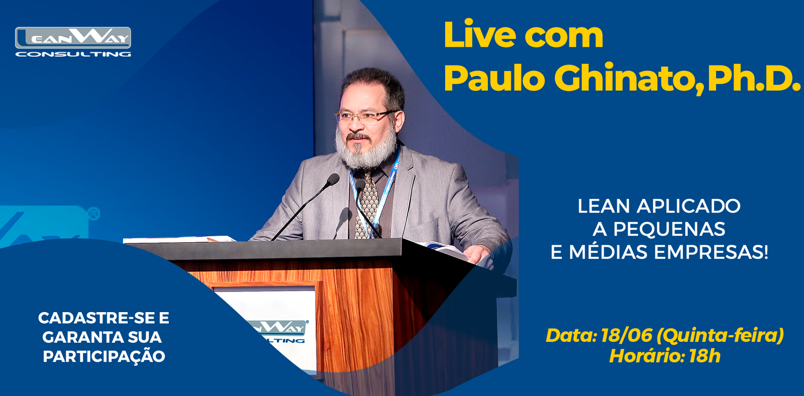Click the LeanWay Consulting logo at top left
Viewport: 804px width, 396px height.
click(73, 42)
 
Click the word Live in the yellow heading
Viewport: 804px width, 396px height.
click(480, 35)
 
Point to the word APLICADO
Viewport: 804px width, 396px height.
click(688, 207)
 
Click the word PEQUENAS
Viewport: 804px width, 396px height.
click(669, 230)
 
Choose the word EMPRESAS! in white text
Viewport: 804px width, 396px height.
click(711, 252)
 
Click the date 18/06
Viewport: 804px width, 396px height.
click(626, 335)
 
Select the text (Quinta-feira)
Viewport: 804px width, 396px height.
click(720, 336)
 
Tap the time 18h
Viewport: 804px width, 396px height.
click(705, 356)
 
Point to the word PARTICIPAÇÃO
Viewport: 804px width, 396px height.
click(104, 356)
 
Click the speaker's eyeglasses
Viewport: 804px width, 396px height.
click(366, 117)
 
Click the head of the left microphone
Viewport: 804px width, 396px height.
click(333, 179)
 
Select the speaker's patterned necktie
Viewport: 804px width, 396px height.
click(367, 205)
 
